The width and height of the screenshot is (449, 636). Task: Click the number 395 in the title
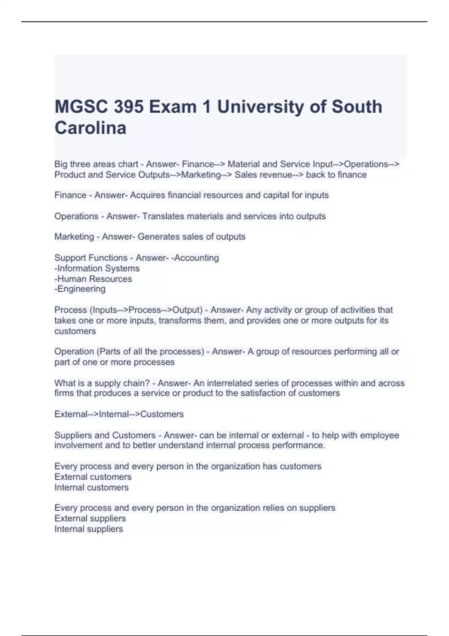tap(129, 107)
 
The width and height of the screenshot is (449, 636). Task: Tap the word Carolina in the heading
tap(91, 128)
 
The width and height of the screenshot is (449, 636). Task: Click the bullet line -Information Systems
tap(97, 269)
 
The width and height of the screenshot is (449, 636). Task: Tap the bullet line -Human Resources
tap(93, 279)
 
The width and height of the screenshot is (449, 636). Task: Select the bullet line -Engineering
tap(80, 289)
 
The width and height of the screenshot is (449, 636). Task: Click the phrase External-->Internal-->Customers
tap(119, 414)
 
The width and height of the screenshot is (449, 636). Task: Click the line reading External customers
tap(93, 477)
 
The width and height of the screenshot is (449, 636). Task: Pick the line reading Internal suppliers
tap(89, 529)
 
